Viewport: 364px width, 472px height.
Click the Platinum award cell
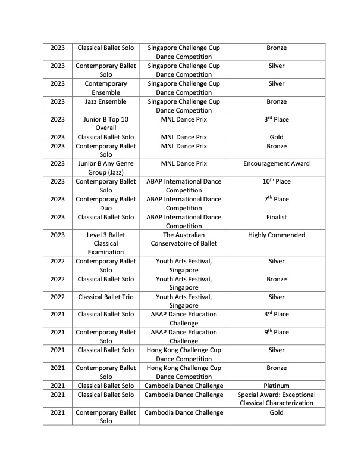(x=276, y=386)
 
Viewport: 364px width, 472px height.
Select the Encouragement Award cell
(x=276, y=163)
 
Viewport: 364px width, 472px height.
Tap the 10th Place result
(x=276, y=181)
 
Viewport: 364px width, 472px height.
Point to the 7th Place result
(x=276, y=199)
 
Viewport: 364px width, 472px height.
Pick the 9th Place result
(x=276, y=332)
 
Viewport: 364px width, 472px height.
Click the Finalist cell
(x=276, y=217)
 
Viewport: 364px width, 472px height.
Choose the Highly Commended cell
(x=276, y=235)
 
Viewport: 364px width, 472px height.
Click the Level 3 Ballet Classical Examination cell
(x=106, y=243)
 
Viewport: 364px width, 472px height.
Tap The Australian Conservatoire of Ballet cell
(x=184, y=239)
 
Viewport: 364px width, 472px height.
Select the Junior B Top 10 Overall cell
(x=106, y=123)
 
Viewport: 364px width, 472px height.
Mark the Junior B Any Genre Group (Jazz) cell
(x=106, y=167)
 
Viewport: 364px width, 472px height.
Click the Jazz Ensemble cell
(x=106, y=101)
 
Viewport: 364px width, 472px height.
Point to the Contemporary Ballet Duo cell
(x=106, y=203)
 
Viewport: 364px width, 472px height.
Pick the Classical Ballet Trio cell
(x=106, y=297)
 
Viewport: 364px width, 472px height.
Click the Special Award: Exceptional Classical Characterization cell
(x=276, y=399)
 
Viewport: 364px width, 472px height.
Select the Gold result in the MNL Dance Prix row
(x=276, y=137)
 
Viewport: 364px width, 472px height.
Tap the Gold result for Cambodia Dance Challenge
(x=276, y=412)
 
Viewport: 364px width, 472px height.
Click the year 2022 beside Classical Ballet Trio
(x=58, y=297)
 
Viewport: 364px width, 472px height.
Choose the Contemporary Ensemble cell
(x=106, y=88)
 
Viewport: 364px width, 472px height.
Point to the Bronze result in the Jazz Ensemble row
(x=276, y=101)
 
